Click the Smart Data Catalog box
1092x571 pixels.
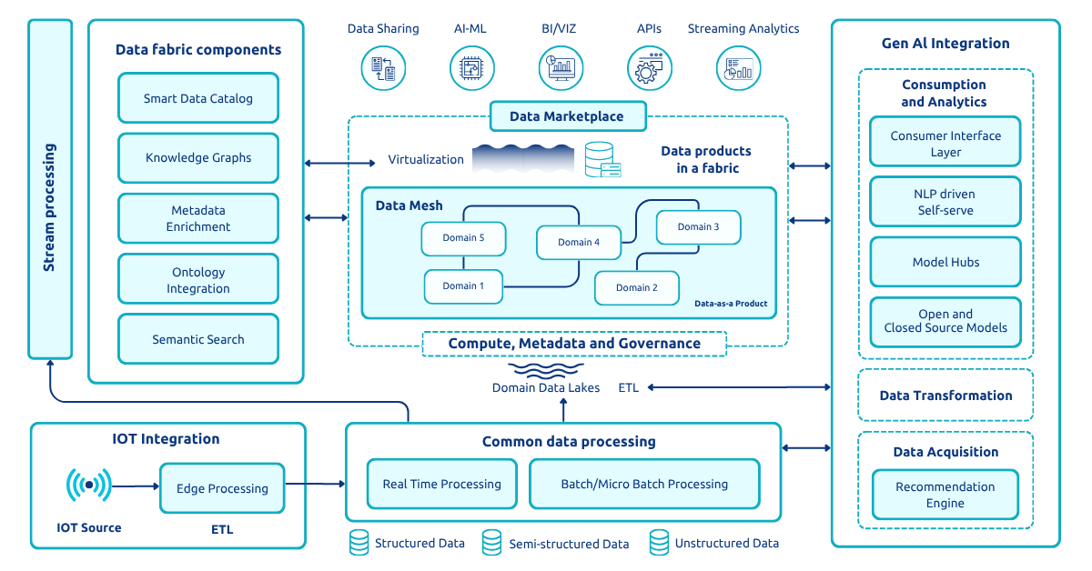click(x=197, y=98)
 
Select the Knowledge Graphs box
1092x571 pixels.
click(x=197, y=157)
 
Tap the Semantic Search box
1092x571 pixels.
click(x=197, y=339)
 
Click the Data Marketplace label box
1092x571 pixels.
click(x=567, y=116)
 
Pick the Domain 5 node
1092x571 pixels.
click(x=463, y=238)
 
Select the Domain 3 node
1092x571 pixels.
click(x=698, y=227)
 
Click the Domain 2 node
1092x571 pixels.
click(x=637, y=287)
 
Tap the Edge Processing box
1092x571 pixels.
click(x=222, y=488)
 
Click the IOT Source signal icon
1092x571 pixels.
click(x=89, y=486)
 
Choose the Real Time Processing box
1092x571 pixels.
click(x=441, y=484)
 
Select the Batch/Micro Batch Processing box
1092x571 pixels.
click(x=643, y=484)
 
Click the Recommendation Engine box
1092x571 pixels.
click(x=945, y=495)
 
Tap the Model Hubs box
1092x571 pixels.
click(x=945, y=263)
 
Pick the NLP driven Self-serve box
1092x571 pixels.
click(x=945, y=202)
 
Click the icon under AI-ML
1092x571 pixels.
click(x=471, y=68)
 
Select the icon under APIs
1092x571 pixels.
click(x=650, y=68)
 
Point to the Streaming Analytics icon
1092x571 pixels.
click(x=738, y=68)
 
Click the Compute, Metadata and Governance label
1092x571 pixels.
click(x=574, y=344)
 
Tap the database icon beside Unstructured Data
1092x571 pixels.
click(x=659, y=543)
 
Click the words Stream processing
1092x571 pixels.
click(x=50, y=207)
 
